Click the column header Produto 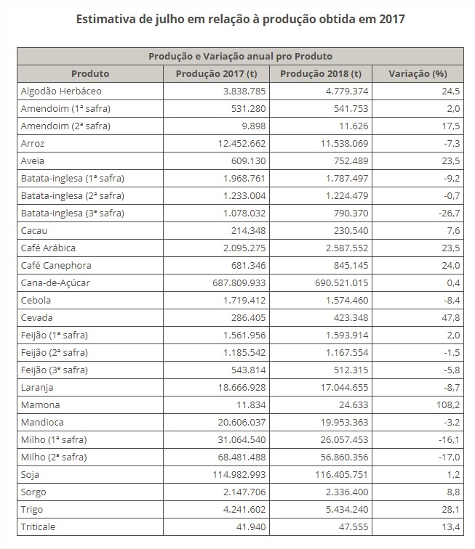pos(90,73)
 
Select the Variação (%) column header pos(417,73)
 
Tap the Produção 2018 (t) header pos(320,73)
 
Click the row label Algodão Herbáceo pos(61,91)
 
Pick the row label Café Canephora pos(56,266)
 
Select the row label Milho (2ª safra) pos(55,457)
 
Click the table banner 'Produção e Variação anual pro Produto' pos(240,56)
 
